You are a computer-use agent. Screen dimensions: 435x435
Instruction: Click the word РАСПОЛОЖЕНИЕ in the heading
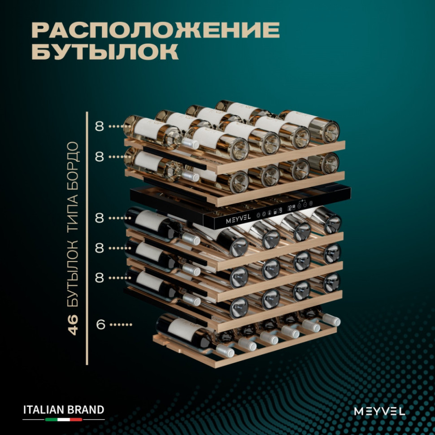coord(156,30)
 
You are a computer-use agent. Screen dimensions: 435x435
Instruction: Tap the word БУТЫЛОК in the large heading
coord(105,51)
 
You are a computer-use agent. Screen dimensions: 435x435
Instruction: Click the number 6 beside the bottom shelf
coord(100,324)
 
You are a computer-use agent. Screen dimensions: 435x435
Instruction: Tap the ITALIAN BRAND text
coord(64,410)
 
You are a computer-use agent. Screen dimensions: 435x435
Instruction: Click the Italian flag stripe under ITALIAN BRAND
coord(64,419)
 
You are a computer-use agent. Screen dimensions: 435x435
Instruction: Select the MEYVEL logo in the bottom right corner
coord(379,411)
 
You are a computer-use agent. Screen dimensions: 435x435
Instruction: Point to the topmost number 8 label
coord(99,126)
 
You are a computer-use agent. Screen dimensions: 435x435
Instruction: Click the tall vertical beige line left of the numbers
coord(87,238)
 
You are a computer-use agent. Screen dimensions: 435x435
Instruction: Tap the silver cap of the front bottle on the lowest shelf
coord(226,351)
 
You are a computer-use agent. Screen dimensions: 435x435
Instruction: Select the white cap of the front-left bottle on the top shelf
coord(190,144)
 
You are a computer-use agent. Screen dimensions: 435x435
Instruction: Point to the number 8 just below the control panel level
coord(99,218)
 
